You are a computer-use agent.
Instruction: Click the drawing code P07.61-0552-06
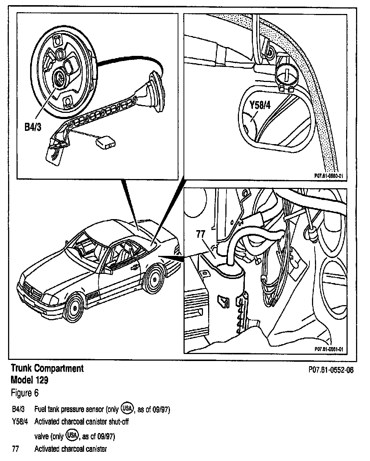pos(331,370)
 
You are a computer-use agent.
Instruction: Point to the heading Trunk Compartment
pos(47,368)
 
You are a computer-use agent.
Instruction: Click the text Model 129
pos(30,380)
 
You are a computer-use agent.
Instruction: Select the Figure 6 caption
pos(25,393)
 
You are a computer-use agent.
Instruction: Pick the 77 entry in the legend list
pos(15,449)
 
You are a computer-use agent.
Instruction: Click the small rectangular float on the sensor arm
pos(106,143)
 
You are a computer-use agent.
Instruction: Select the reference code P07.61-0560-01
pos(329,176)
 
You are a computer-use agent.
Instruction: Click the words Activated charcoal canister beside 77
pos(70,449)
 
